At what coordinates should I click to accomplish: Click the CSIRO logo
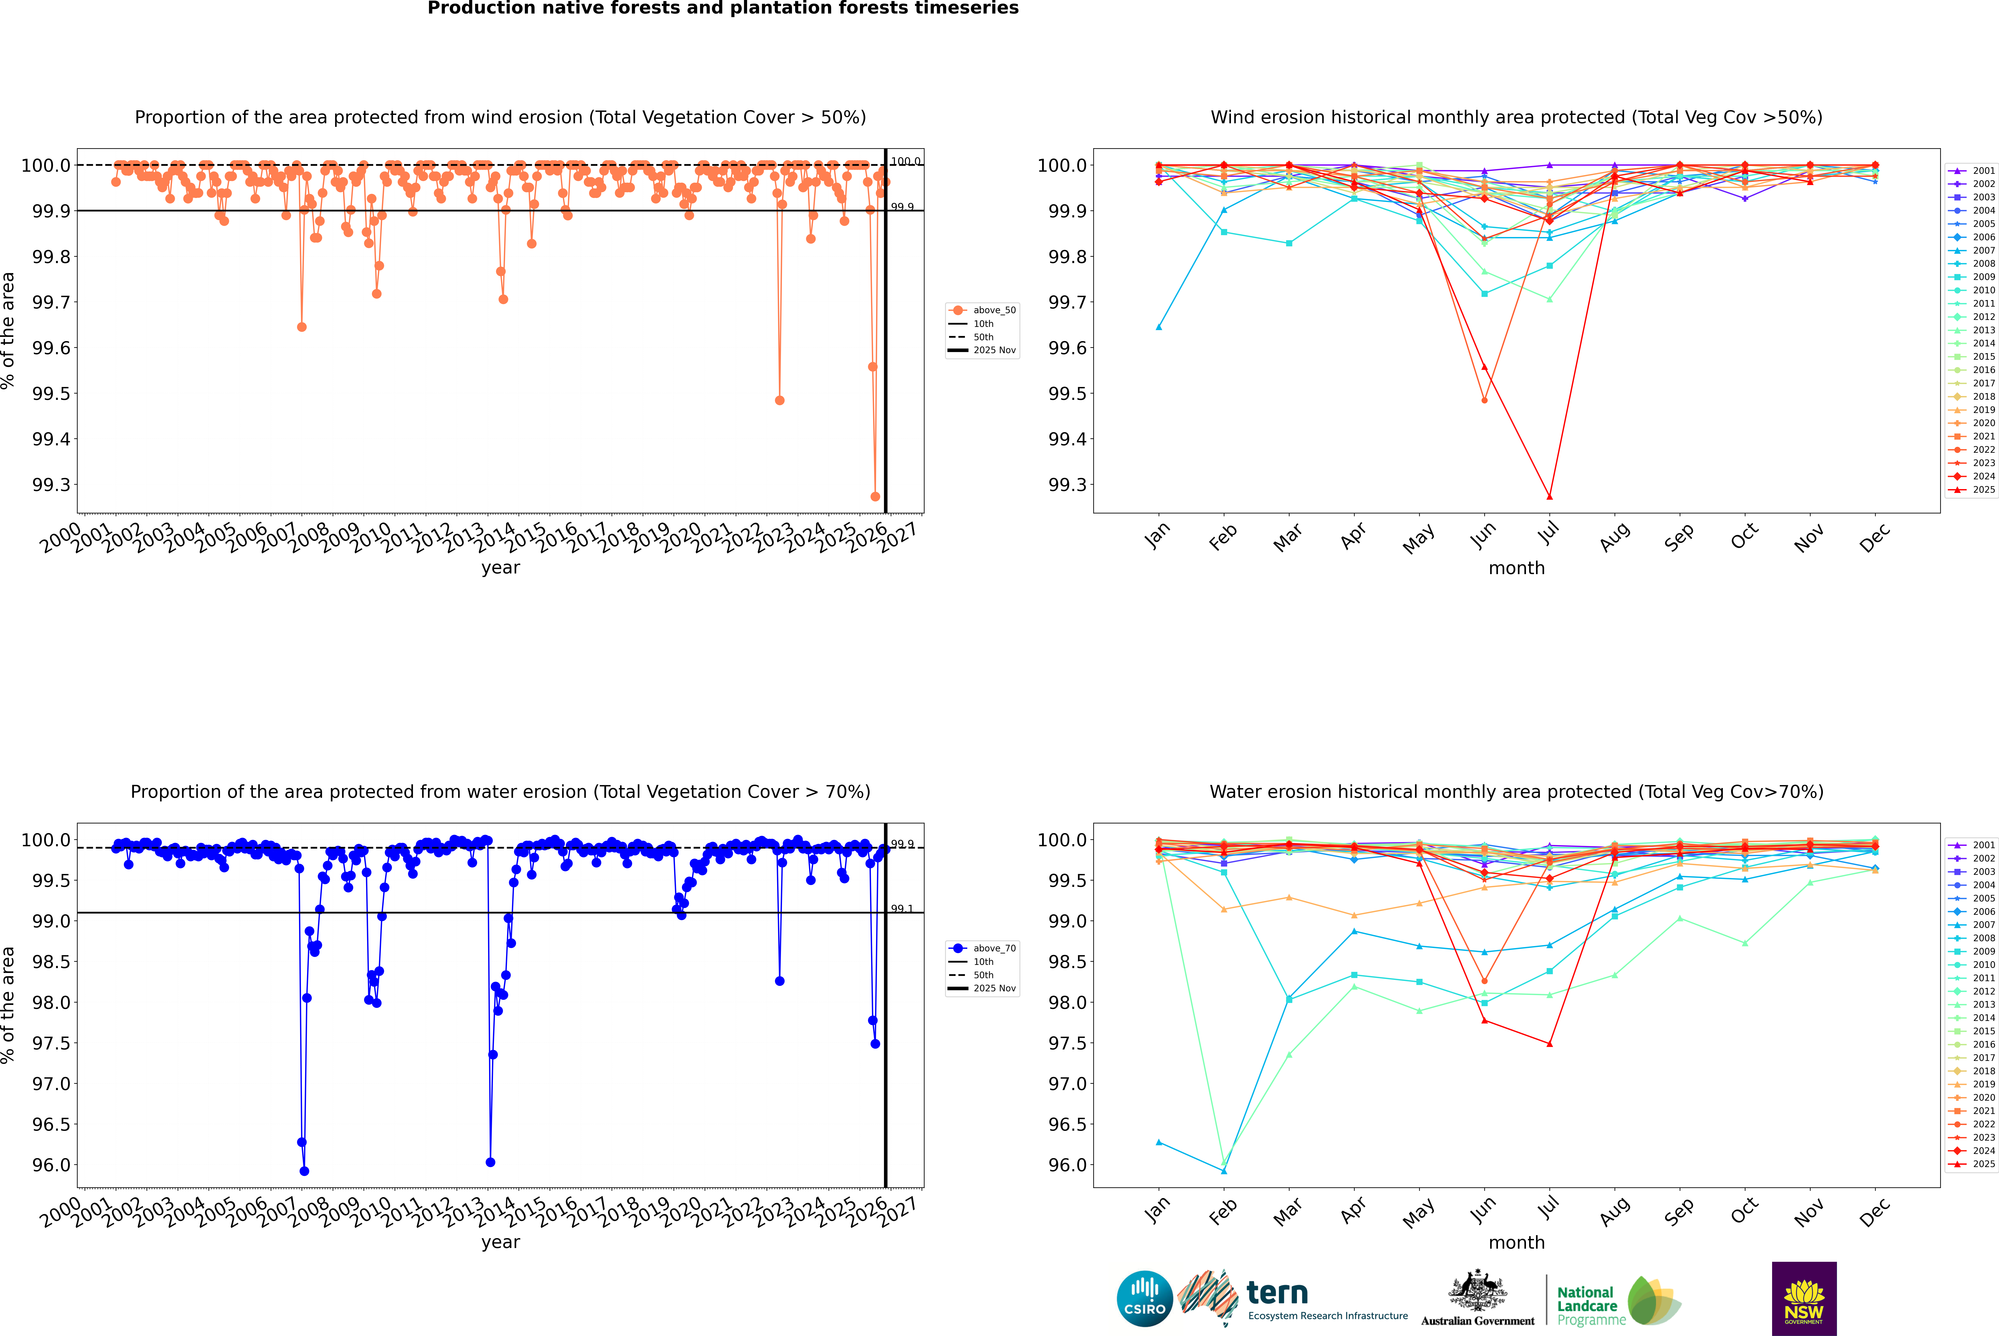tap(1144, 1299)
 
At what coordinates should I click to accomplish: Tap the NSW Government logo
tap(1804, 1299)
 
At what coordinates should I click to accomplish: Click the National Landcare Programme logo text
tap(1587, 1305)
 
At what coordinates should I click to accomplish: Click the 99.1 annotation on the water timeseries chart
tap(901, 908)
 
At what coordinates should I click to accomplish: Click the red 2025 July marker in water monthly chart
tap(1549, 1044)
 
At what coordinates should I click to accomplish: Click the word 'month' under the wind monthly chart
tap(1516, 568)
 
